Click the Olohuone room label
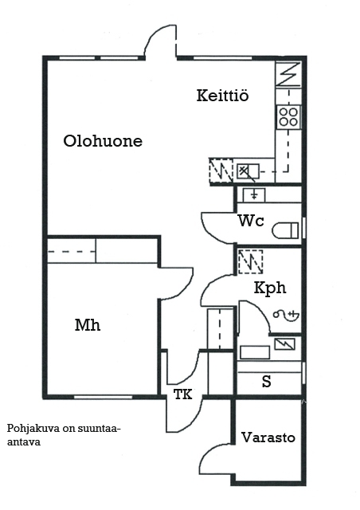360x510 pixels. click(x=103, y=141)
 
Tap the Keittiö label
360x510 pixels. click(x=223, y=96)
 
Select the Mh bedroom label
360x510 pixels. click(x=88, y=325)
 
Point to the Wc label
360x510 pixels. click(x=251, y=221)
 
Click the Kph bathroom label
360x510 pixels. click(x=270, y=288)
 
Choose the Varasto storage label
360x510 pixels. click(x=268, y=437)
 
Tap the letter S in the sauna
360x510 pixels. click(x=266, y=381)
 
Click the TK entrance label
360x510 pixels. click(x=182, y=394)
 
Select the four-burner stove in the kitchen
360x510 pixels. click(x=288, y=117)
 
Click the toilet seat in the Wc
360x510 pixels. click(x=285, y=230)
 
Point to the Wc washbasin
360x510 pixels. click(x=254, y=195)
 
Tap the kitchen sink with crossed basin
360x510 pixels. click(x=248, y=171)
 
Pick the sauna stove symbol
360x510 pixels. click(x=285, y=344)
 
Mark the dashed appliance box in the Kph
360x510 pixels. click(x=250, y=262)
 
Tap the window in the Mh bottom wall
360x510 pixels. click(x=103, y=397)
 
